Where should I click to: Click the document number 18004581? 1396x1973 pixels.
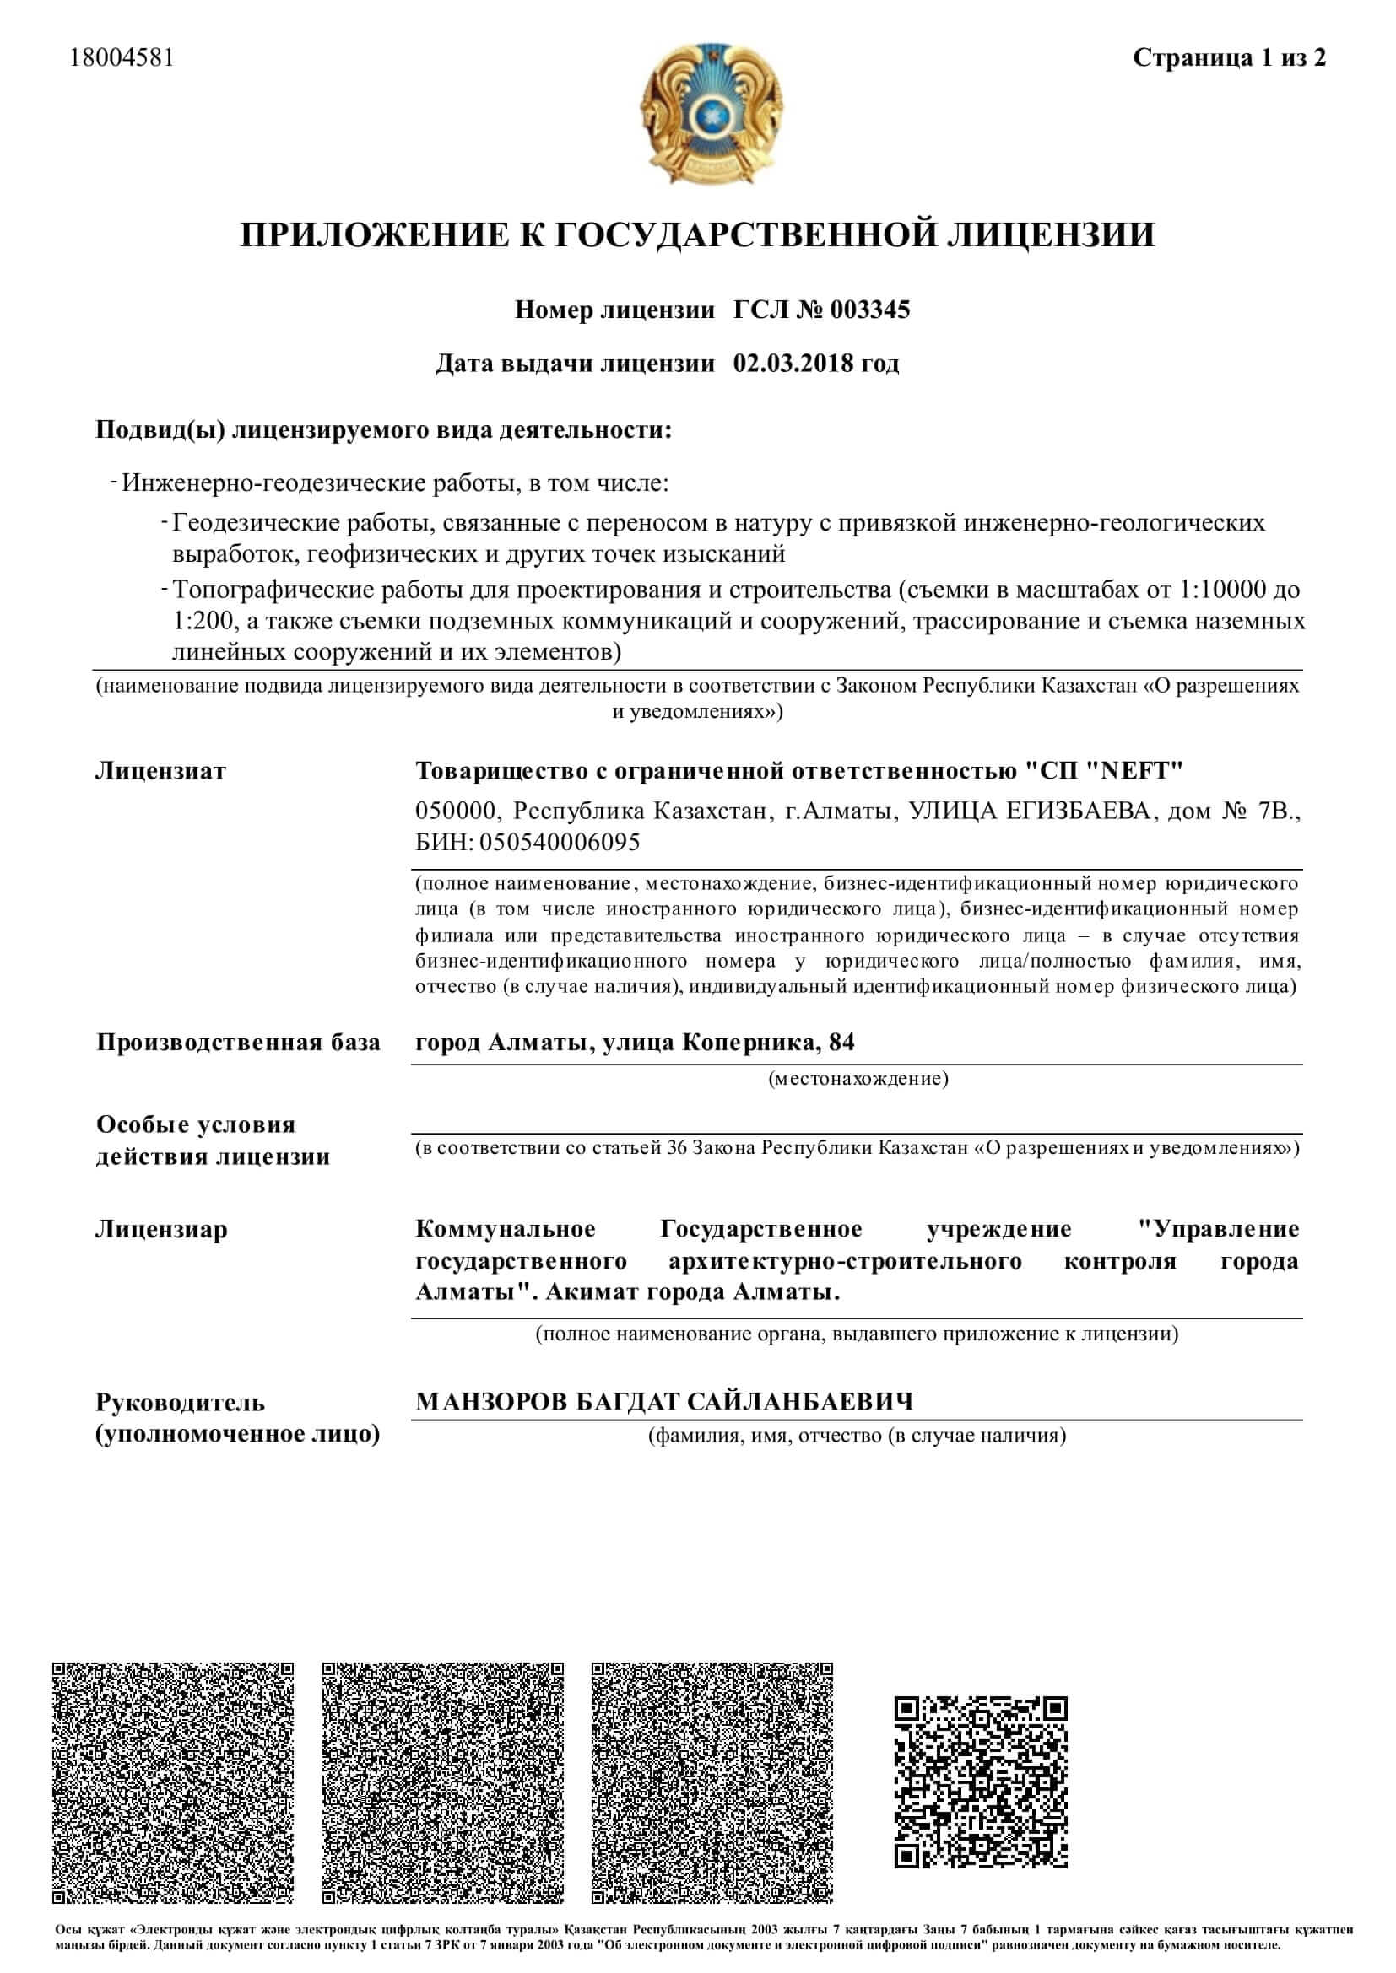click(122, 57)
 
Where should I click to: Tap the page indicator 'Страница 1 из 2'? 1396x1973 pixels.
click(1229, 57)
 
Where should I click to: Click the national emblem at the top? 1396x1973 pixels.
click(711, 114)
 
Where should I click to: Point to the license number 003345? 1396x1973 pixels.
click(870, 310)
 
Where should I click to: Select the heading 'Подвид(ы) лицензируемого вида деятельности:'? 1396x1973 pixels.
click(383, 429)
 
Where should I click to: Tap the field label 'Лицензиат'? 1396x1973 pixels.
click(160, 771)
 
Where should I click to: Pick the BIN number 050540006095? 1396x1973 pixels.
click(560, 842)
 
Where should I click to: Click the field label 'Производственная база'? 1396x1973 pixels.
click(238, 1043)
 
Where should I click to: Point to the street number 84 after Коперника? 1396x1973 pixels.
click(841, 1043)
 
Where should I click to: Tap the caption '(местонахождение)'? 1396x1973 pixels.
click(858, 1079)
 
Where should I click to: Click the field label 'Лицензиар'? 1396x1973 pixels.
click(161, 1230)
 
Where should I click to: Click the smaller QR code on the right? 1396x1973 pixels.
click(981, 1782)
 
